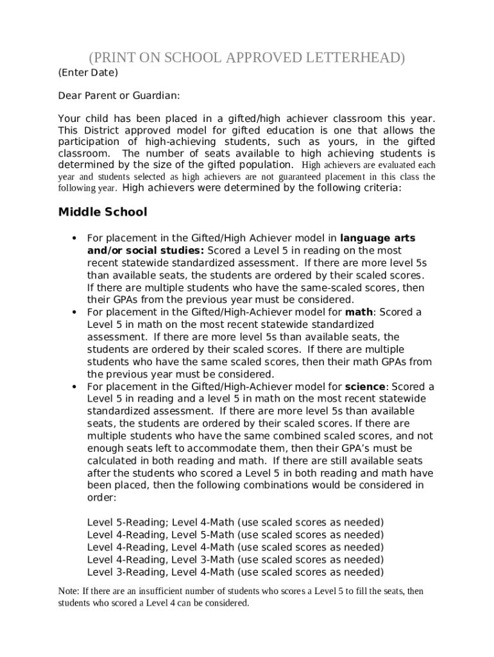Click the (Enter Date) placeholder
tap(89, 73)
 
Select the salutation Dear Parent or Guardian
tap(119, 96)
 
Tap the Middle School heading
tap(103, 212)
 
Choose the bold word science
tap(366, 387)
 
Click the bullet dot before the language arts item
tap(74, 239)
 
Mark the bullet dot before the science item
tap(74, 387)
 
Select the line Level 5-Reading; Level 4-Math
tap(235, 522)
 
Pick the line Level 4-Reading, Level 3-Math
tap(235, 559)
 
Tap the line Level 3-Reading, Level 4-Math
tap(235, 572)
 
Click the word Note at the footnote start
tap(68, 591)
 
